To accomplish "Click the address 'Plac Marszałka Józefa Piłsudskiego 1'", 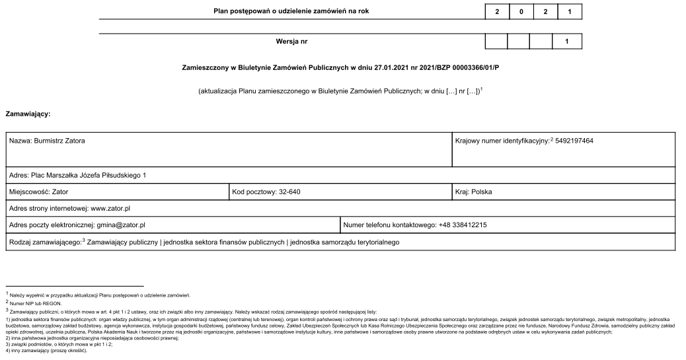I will click(88, 176).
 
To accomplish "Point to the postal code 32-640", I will click(289, 192).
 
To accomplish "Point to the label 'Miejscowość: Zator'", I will click(38, 192).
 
